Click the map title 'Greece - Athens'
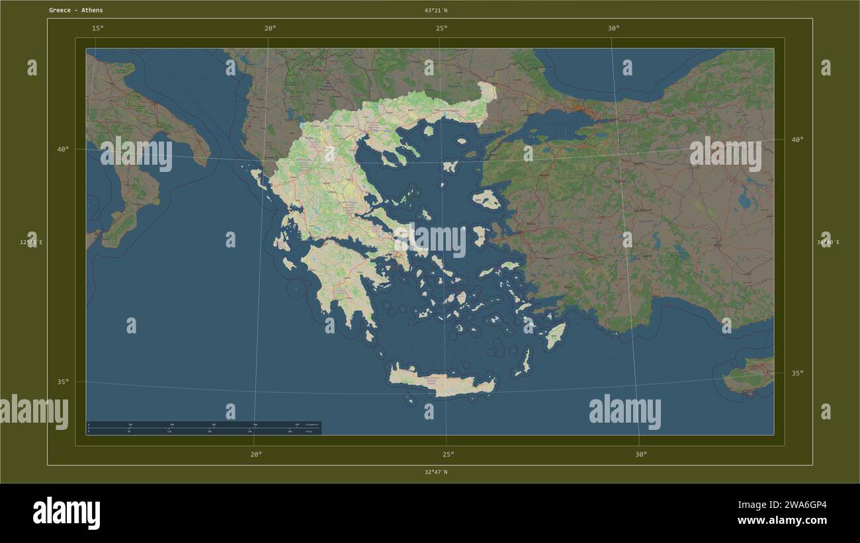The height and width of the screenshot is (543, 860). click(x=75, y=11)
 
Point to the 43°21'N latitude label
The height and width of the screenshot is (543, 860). click(x=436, y=11)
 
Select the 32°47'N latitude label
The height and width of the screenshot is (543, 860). click(x=436, y=472)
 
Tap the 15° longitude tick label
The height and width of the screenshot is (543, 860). click(x=97, y=28)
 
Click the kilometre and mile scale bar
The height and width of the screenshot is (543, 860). click(x=204, y=428)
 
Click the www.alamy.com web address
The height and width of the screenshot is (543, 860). click(x=781, y=521)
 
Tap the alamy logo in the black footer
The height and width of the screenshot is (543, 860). click(x=66, y=513)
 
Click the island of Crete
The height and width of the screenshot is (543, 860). click(x=442, y=382)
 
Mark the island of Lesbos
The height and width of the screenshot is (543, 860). click(x=488, y=198)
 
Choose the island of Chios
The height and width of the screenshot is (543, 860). click(x=480, y=235)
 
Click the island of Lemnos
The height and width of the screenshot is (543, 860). click(x=451, y=166)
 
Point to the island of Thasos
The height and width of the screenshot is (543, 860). click(x=428, y=131)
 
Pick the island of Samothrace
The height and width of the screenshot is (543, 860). click(x=462, y=140)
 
